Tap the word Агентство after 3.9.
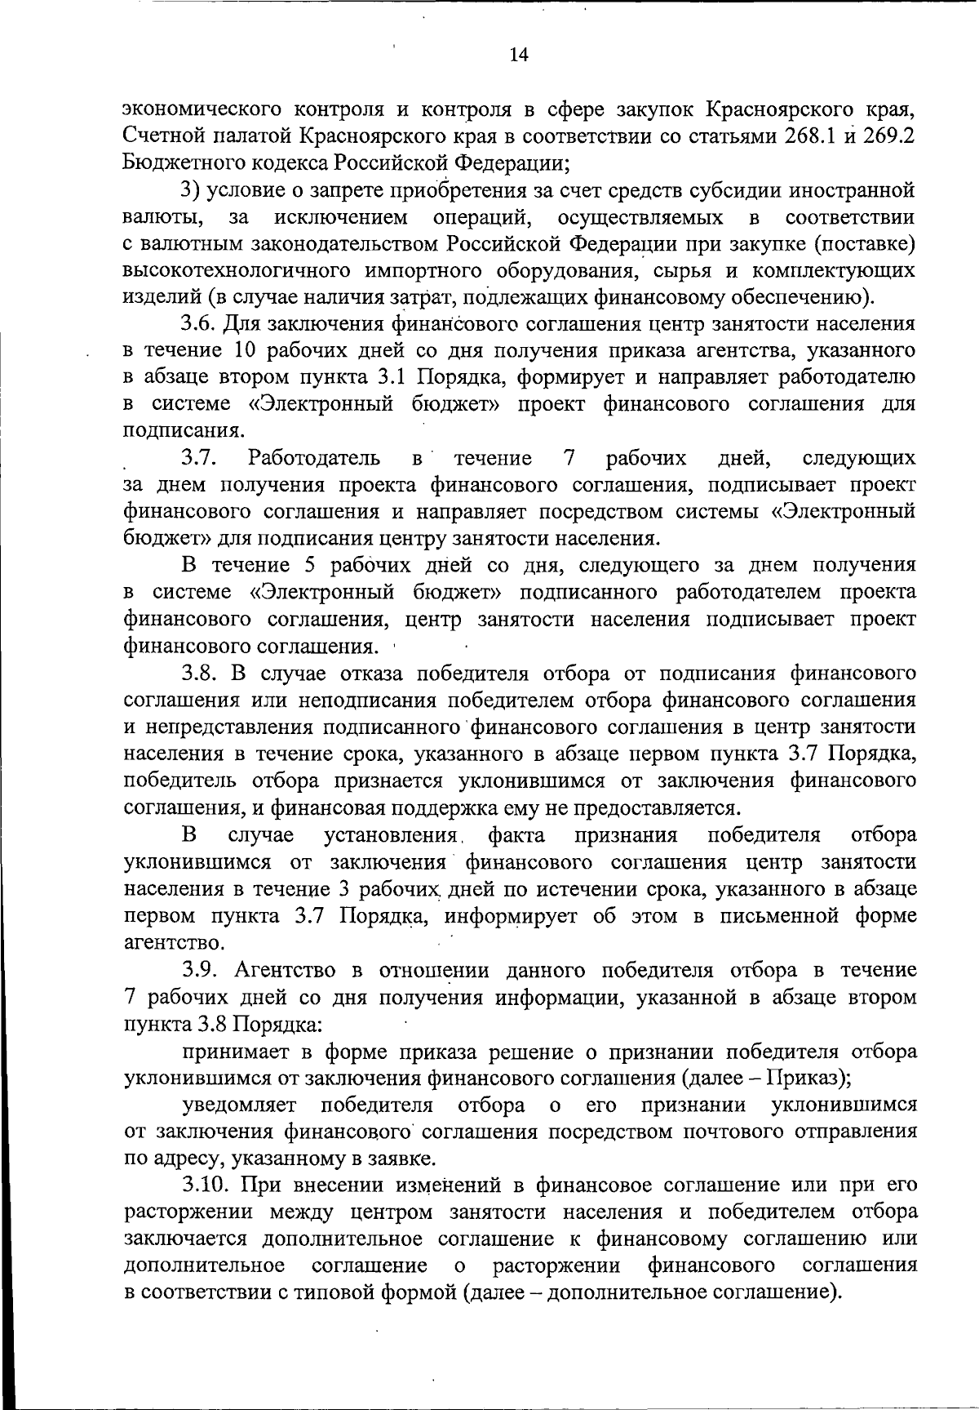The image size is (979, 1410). tap(287, 970)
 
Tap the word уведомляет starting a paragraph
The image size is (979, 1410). tap(242, 1105)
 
